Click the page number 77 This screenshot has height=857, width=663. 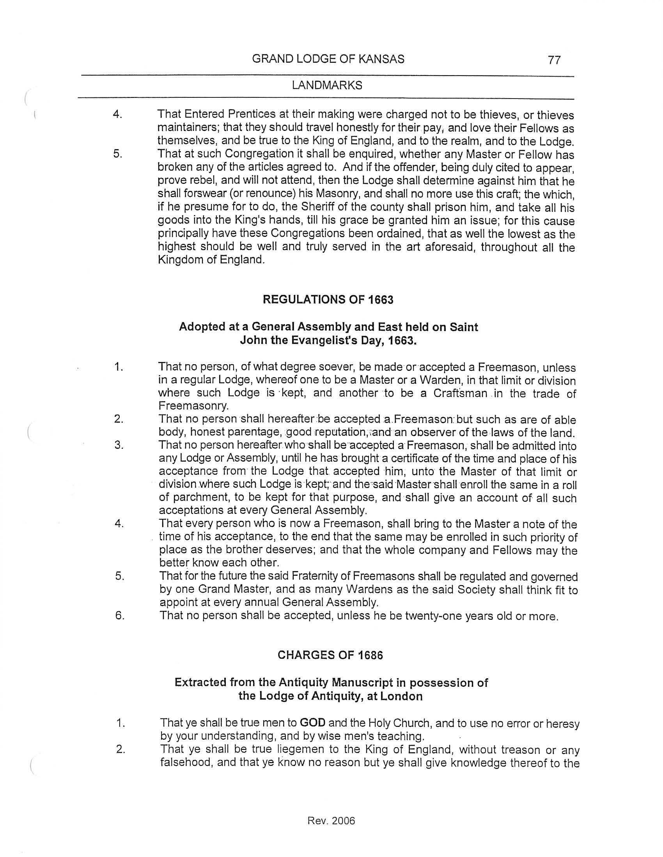click(x=554, y=60)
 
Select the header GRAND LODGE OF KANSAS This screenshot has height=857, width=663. click(x=328, y=59)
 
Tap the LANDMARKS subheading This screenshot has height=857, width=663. click(x=327, y=86)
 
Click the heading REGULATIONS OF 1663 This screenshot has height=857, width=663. click(x=328, y=300)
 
